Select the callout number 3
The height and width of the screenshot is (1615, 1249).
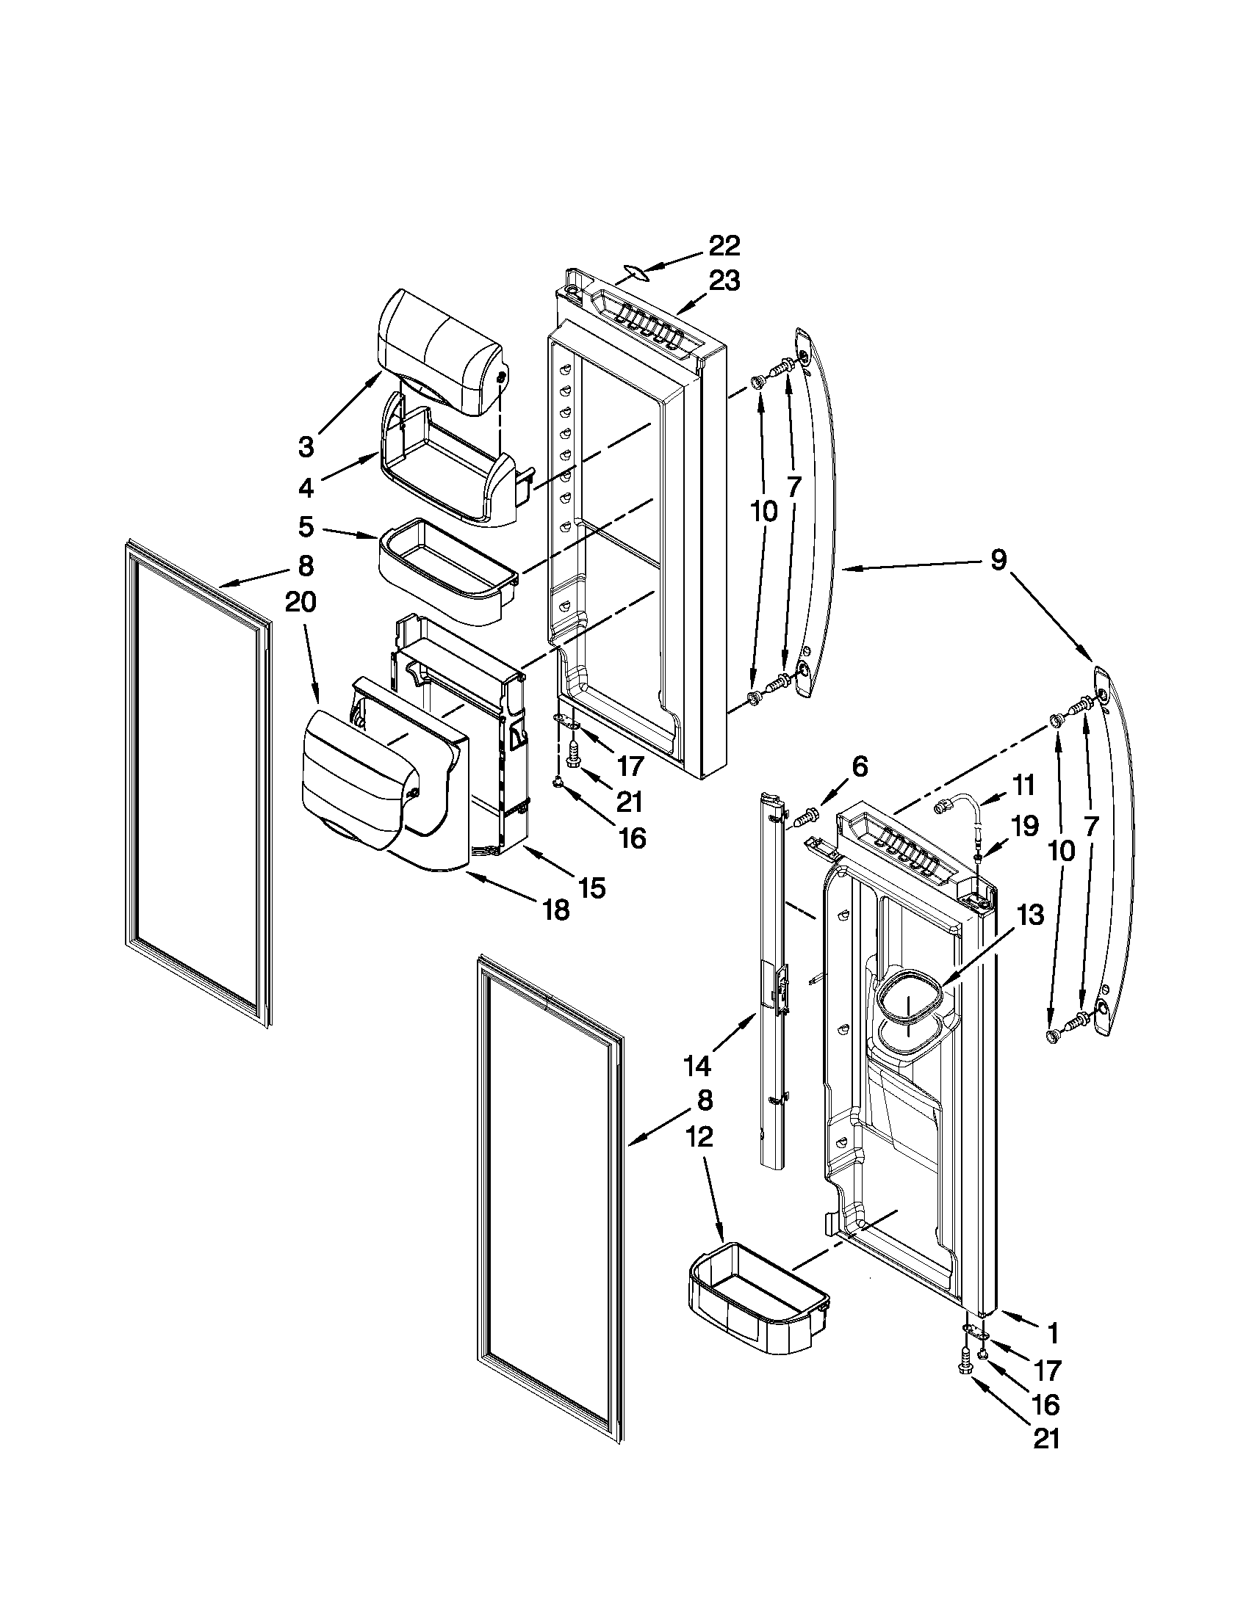pyautogui.click(x=306, y=446)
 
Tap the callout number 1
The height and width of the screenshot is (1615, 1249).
pyautogui.click(x=1051, y=1334)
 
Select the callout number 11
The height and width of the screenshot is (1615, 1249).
pyautogui.click(x=1024, y=785)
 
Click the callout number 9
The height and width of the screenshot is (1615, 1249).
pyautogui.click(x=998, y=562)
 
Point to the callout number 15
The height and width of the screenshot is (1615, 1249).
pyautogui.click(x=592, y=887)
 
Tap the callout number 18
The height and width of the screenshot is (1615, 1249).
pyautogui.click(x=555, y=910)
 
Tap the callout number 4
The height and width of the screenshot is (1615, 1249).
pyautogui.click(x=306, y=487)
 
